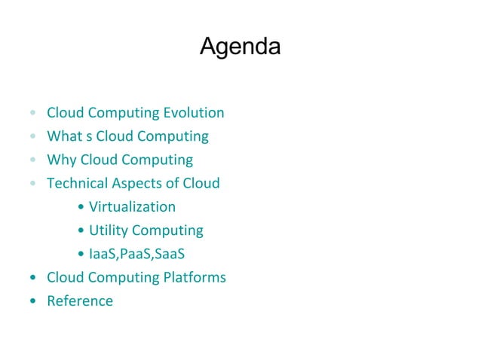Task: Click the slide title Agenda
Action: pos(240,47)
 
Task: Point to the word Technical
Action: pos(77,183)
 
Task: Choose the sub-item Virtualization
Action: pos(132,206)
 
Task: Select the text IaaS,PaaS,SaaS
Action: pos(136,254)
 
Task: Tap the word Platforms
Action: pos(195,277)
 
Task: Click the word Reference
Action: pos(80,301)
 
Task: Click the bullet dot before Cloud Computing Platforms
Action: pos(32,278)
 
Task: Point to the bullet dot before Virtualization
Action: pos(81,207)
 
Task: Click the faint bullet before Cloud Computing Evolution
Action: pos(32,114)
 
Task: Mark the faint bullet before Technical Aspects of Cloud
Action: pos(32,184)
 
